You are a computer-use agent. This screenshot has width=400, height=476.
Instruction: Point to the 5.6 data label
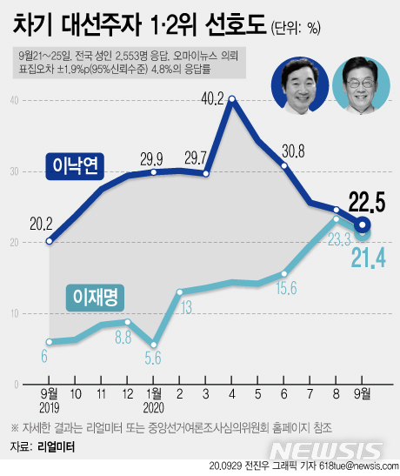(x=154, y=356)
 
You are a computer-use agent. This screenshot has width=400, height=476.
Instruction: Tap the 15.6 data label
(x=285, y=288)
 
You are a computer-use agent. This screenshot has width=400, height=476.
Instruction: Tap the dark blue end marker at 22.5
(x=363, y=231)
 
